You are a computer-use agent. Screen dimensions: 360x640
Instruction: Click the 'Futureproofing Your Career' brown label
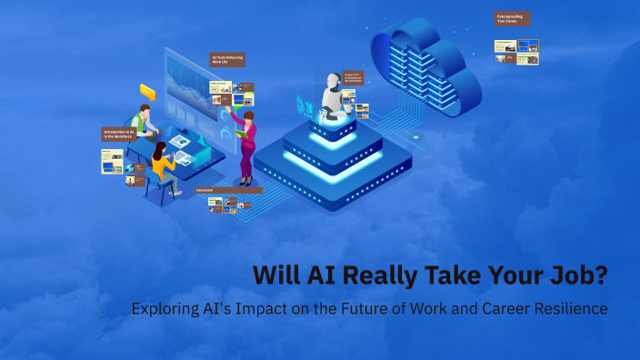(x=512, y=18)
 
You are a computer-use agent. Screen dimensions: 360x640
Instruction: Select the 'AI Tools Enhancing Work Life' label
(x=227, y=59)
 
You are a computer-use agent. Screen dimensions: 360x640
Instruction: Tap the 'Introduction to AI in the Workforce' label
(x=118, y=135)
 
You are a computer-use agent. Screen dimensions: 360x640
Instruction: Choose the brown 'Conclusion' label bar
(x=228, y=190)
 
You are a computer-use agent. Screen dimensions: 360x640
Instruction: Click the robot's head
(x=333, y=85)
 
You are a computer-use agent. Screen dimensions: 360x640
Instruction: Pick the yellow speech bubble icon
(x=147, y=91)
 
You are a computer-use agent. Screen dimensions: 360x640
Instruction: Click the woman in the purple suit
(x=245, y=145)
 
